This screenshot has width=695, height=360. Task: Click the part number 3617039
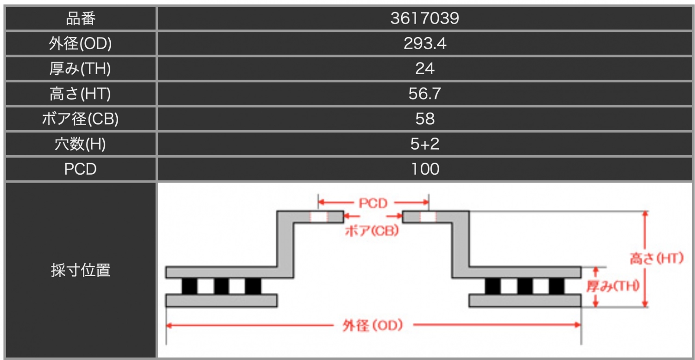(x=424, y=19)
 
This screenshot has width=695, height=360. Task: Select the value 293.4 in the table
(x=425, y=44)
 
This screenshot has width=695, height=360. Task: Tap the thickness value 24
(x=425, y=69)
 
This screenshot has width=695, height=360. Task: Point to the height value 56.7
(x=424, y=94)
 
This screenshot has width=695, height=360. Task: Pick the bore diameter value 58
(x=425, y=119)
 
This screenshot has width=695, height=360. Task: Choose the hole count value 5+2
(x=425, y=144)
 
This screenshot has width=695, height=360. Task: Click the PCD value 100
(x=425, y=169)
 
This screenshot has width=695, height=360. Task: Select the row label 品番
(x=81, y=19)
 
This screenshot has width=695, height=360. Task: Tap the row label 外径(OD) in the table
(x=80, y=44)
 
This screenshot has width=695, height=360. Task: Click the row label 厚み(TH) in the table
(x=80, y=69)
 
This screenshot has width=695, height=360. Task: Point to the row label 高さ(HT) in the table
(x=80, y=94)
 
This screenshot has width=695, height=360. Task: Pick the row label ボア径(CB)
(x=80, y=119)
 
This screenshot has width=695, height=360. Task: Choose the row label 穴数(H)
(x=80, y=144)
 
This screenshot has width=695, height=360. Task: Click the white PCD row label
(x=80, y=169)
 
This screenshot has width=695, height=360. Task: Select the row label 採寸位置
(x=81, y=270)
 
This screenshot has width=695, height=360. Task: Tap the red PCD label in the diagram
(x=373, y=203)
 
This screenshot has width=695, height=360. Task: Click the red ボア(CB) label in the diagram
(x=372, y=231)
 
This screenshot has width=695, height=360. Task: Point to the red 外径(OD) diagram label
(x=373, y=326)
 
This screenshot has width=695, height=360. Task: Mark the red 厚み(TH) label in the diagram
(x=613, y=286)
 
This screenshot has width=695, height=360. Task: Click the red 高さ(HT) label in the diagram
(x=657, y=258)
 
